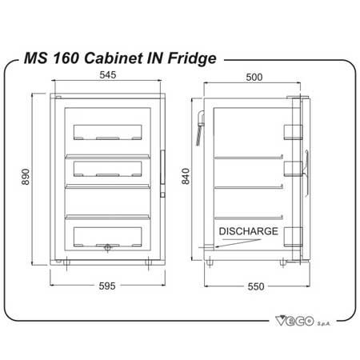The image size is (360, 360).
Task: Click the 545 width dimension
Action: [x=108, y=75]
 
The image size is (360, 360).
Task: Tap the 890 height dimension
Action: [x=26, y=177]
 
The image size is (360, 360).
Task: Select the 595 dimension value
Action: [x=107, y=286]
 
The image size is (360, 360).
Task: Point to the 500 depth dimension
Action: [x=254, y=77]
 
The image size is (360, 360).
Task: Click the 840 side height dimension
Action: [x=186, y=176]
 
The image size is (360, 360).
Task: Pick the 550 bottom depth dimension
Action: [x=256, y=286]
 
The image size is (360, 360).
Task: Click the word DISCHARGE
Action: [x=249, y=231]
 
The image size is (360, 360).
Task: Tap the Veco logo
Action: [x=303, y=320]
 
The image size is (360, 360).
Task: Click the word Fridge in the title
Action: [x=192, y=58]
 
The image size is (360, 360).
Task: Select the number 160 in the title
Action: [x=66, y=58]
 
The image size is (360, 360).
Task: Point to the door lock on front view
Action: [x=107, y=248]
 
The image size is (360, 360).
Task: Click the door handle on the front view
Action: [x=162, y=167]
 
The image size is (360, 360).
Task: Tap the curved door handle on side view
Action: [x=307, y=174]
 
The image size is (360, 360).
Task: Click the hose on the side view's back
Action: [x=201, y=128]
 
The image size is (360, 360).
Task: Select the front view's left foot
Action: [x=66, y=262]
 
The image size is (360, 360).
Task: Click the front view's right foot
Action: [x=149, y=262]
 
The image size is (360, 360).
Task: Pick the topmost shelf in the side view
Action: [x=249, y=158]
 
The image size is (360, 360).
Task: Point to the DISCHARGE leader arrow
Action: [x=238, y=243]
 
